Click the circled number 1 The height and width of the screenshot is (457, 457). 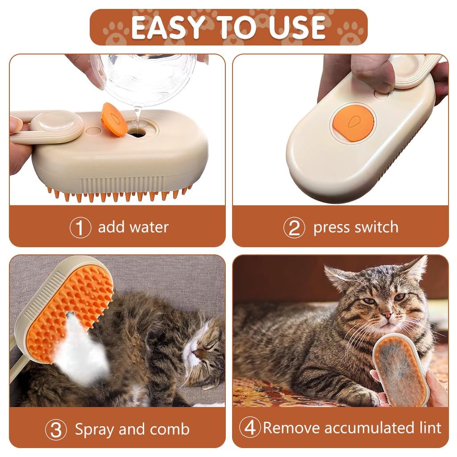(80, 228)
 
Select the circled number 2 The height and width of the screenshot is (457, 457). (294, 228)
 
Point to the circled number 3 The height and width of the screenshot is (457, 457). (56, 430)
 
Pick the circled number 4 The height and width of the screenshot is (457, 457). (250, 428)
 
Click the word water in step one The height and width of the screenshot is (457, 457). (149, 227)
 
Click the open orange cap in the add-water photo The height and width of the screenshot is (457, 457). (114, 120)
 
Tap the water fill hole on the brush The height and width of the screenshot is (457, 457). (138, 133)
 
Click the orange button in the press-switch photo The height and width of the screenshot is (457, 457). (353, 124)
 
